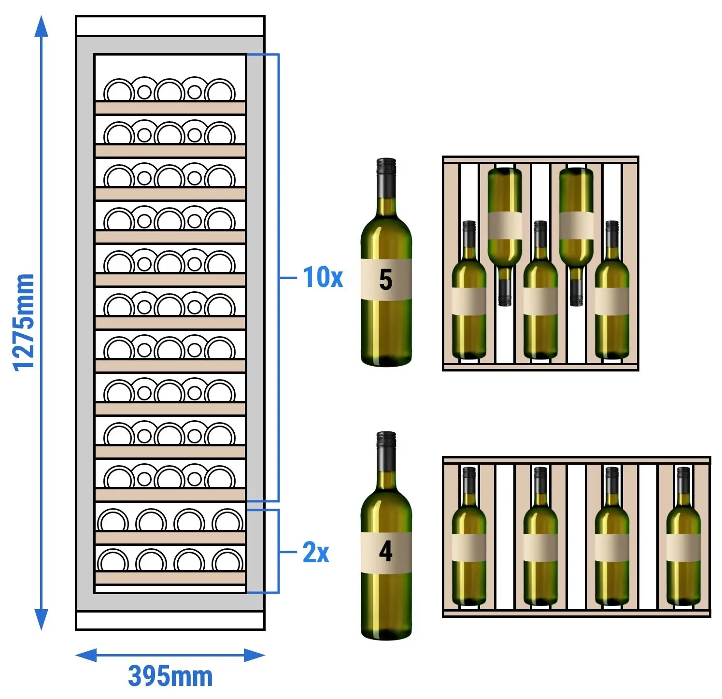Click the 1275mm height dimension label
(24, 322)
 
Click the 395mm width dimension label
(170, 676)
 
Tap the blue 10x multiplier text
(323, 277)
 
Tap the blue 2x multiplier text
(316, 552)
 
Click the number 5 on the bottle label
(385, 279)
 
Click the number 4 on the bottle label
(385, 551)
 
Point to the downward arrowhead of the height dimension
(41, 620)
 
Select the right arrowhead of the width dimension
(255, 656)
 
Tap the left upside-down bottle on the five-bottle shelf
(505, 237)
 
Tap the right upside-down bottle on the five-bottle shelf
(576, 237)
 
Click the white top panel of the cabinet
(170, 26)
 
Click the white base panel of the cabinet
(170, 620)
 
